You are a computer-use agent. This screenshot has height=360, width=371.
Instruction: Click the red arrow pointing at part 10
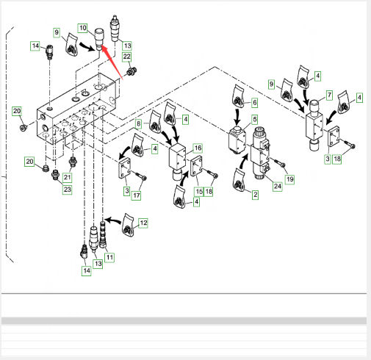point(112,62)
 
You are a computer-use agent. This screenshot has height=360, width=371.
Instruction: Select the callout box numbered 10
point(83,28)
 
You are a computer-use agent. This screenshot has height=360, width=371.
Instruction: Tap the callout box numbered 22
point(127,57)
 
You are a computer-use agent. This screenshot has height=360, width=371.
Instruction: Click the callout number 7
point(330,95)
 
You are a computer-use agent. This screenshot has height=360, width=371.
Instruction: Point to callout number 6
point(255,103)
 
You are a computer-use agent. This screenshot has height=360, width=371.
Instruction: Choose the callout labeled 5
point(255,120)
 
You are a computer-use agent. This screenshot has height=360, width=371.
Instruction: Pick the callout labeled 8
point(139,124)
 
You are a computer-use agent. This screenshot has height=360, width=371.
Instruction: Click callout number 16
point(198,148)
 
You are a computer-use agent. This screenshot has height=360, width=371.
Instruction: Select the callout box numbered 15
point(199,192)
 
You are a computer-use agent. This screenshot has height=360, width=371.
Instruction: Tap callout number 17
point(137,195)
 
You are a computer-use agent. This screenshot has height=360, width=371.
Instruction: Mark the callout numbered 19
point(290,179)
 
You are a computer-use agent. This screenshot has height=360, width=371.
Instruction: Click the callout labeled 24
point(278,187)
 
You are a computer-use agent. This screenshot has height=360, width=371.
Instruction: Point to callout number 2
point(256,195)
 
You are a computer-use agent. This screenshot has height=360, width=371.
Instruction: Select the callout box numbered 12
point(143,223)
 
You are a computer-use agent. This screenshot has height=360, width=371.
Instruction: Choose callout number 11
point(109,257)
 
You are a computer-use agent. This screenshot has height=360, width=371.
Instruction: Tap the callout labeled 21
point(68,177)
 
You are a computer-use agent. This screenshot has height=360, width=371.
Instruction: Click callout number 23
point(68,190)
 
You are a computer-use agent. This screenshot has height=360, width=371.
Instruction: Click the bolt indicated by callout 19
point(278,163)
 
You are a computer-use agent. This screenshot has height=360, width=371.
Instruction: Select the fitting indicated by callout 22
point(132,71)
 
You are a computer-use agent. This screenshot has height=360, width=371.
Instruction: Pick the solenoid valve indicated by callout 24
point(261,153)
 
